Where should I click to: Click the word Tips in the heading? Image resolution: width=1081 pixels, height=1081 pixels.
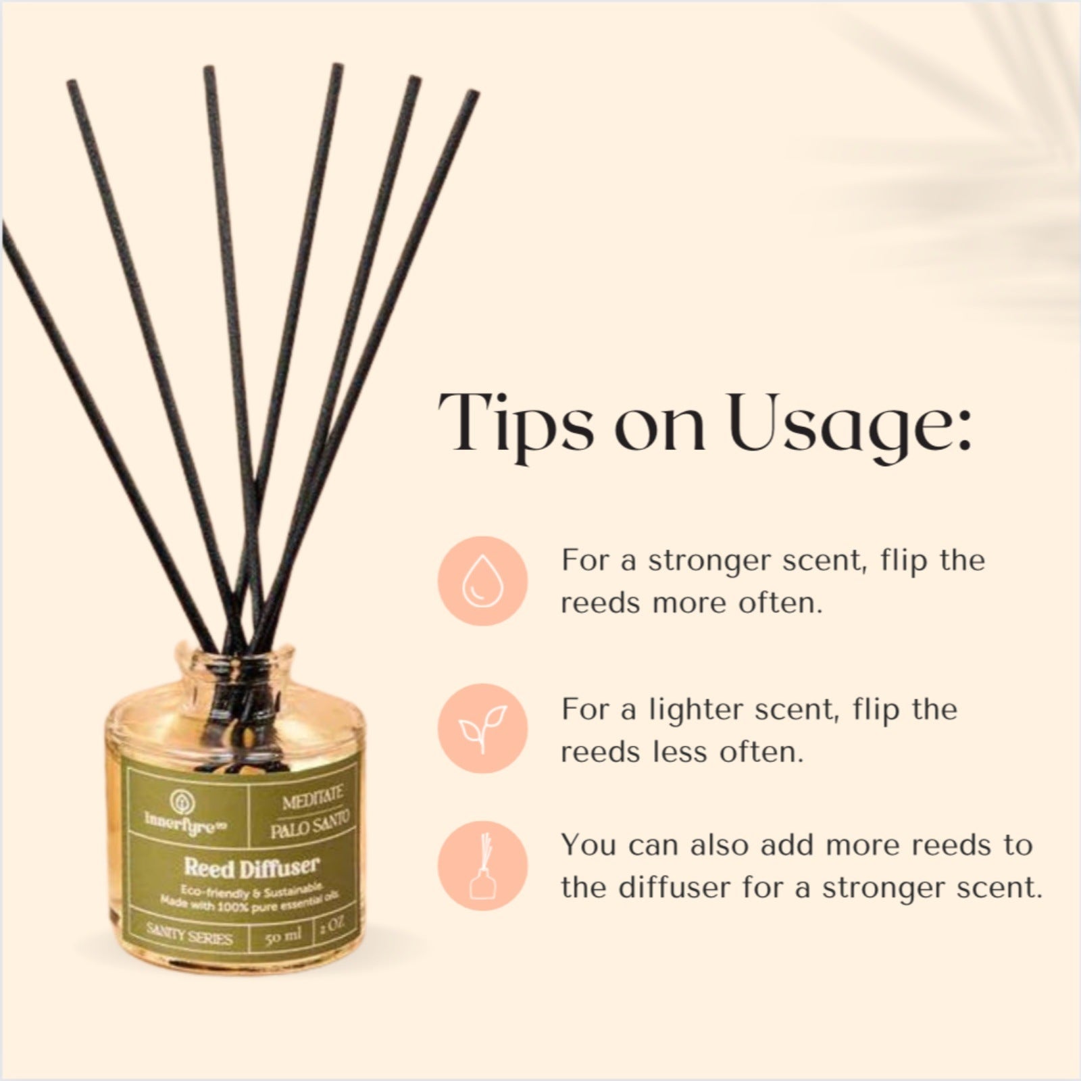pos(513,422)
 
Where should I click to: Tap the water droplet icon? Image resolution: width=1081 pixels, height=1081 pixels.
pos(482,580)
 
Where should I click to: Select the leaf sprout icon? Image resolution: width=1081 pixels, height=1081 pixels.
pos(482,730)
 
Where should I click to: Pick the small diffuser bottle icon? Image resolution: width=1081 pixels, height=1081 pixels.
pos(482,865)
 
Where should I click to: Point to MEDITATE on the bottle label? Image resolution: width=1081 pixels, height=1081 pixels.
pos(313,805)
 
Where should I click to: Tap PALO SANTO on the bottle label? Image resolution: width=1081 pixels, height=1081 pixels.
pos(310,827)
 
